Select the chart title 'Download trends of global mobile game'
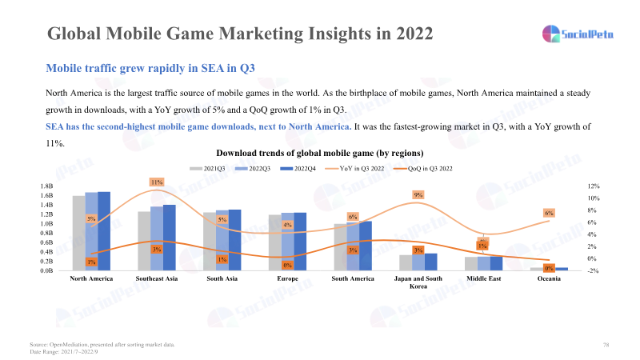[x=319, y=152]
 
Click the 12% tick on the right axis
[x=594, y=186]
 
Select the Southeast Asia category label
[x=157, y=278]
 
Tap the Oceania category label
[x=549, y=278]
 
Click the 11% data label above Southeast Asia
[x=157, y=182]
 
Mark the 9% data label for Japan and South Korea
[x=418, y=194]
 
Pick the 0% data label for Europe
[x=287, y=265]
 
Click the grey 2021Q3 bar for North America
[x=78, y=233]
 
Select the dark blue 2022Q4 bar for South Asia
[x=234, y=240]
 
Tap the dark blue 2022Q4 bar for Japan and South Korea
[x=431, y=262]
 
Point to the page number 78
[x=606, y=344]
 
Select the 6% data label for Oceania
[x=549, y=213]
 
